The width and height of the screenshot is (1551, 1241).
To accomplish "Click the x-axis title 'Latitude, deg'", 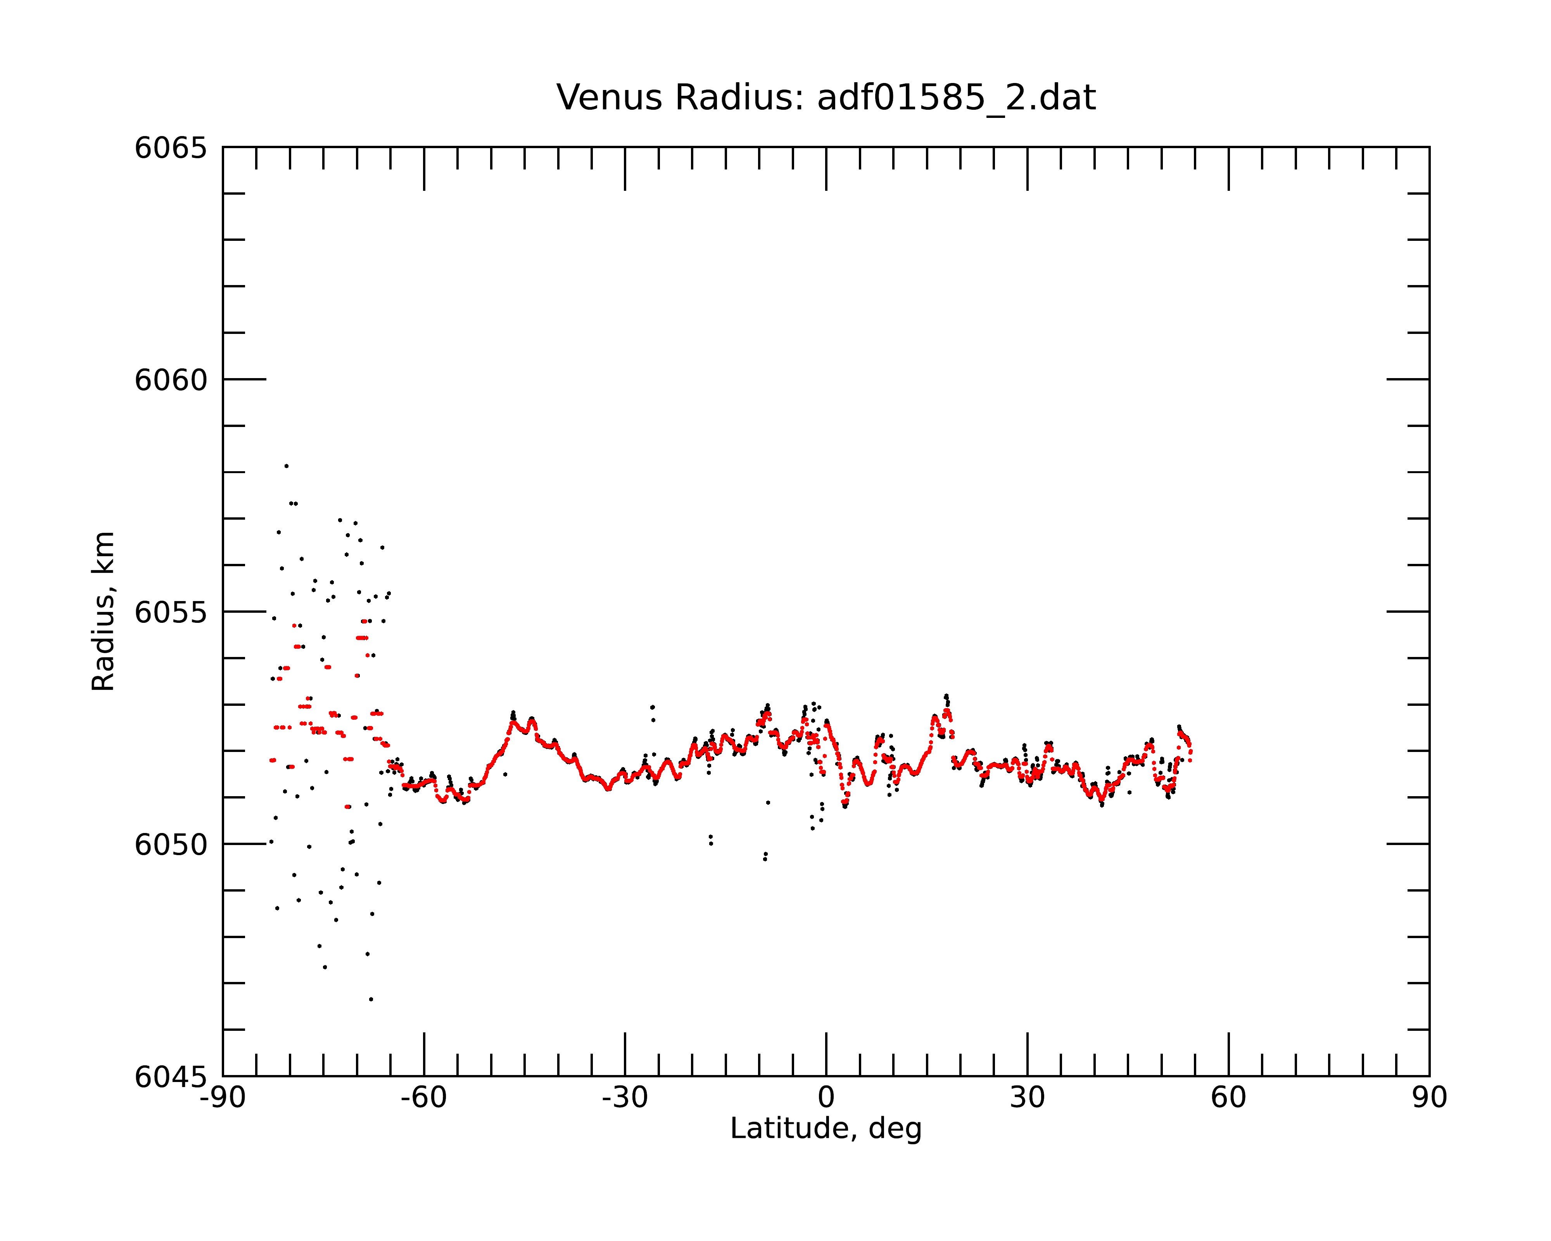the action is pyautogui.click(x=826, y=1129).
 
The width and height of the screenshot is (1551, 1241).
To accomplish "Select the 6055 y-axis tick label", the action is pyautogui.click(x=171, y=612).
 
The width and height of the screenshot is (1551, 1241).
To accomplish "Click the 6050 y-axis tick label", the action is pyautogui.click(x=171, y=845).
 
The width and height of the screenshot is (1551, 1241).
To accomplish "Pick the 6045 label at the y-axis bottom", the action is pyautogui.click(x=171, y=1077).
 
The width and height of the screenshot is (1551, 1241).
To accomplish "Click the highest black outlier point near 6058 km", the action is pyautogui.click(x=286, y=466).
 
